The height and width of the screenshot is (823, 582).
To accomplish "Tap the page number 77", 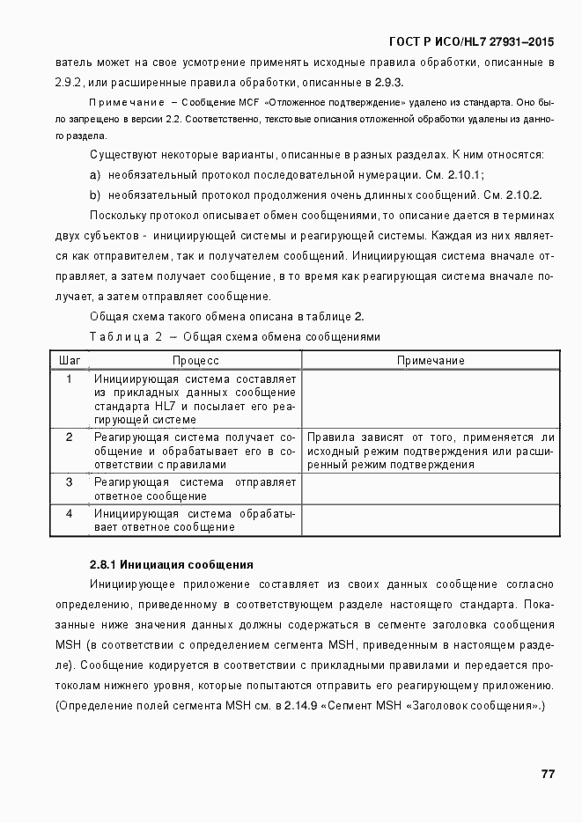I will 547,774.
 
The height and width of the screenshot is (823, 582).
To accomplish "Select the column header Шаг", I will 70,361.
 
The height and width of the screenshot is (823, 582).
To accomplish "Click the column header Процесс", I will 195,361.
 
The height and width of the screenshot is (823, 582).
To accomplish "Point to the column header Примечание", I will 430,361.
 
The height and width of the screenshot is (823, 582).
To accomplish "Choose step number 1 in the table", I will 70,379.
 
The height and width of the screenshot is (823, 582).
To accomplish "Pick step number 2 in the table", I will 70,437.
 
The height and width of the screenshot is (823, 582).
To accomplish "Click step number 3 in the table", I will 70,482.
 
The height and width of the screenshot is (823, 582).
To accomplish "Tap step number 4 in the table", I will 70,513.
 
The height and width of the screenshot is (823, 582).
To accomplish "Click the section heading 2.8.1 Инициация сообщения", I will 172,564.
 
